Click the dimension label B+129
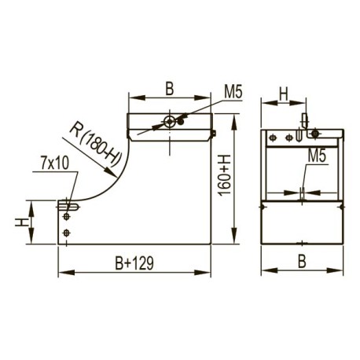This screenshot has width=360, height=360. (134, 263)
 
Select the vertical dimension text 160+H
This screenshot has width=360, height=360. (225, 175)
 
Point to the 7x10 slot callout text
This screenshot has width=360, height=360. (55, 163)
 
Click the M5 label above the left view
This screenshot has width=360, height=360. (233, 92)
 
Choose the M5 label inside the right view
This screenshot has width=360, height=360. (317, 156)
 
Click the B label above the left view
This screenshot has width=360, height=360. (170, 89)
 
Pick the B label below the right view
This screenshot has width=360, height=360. (302, 261)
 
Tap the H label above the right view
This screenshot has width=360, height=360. (284, 94)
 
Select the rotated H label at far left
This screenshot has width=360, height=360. (22, 222)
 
